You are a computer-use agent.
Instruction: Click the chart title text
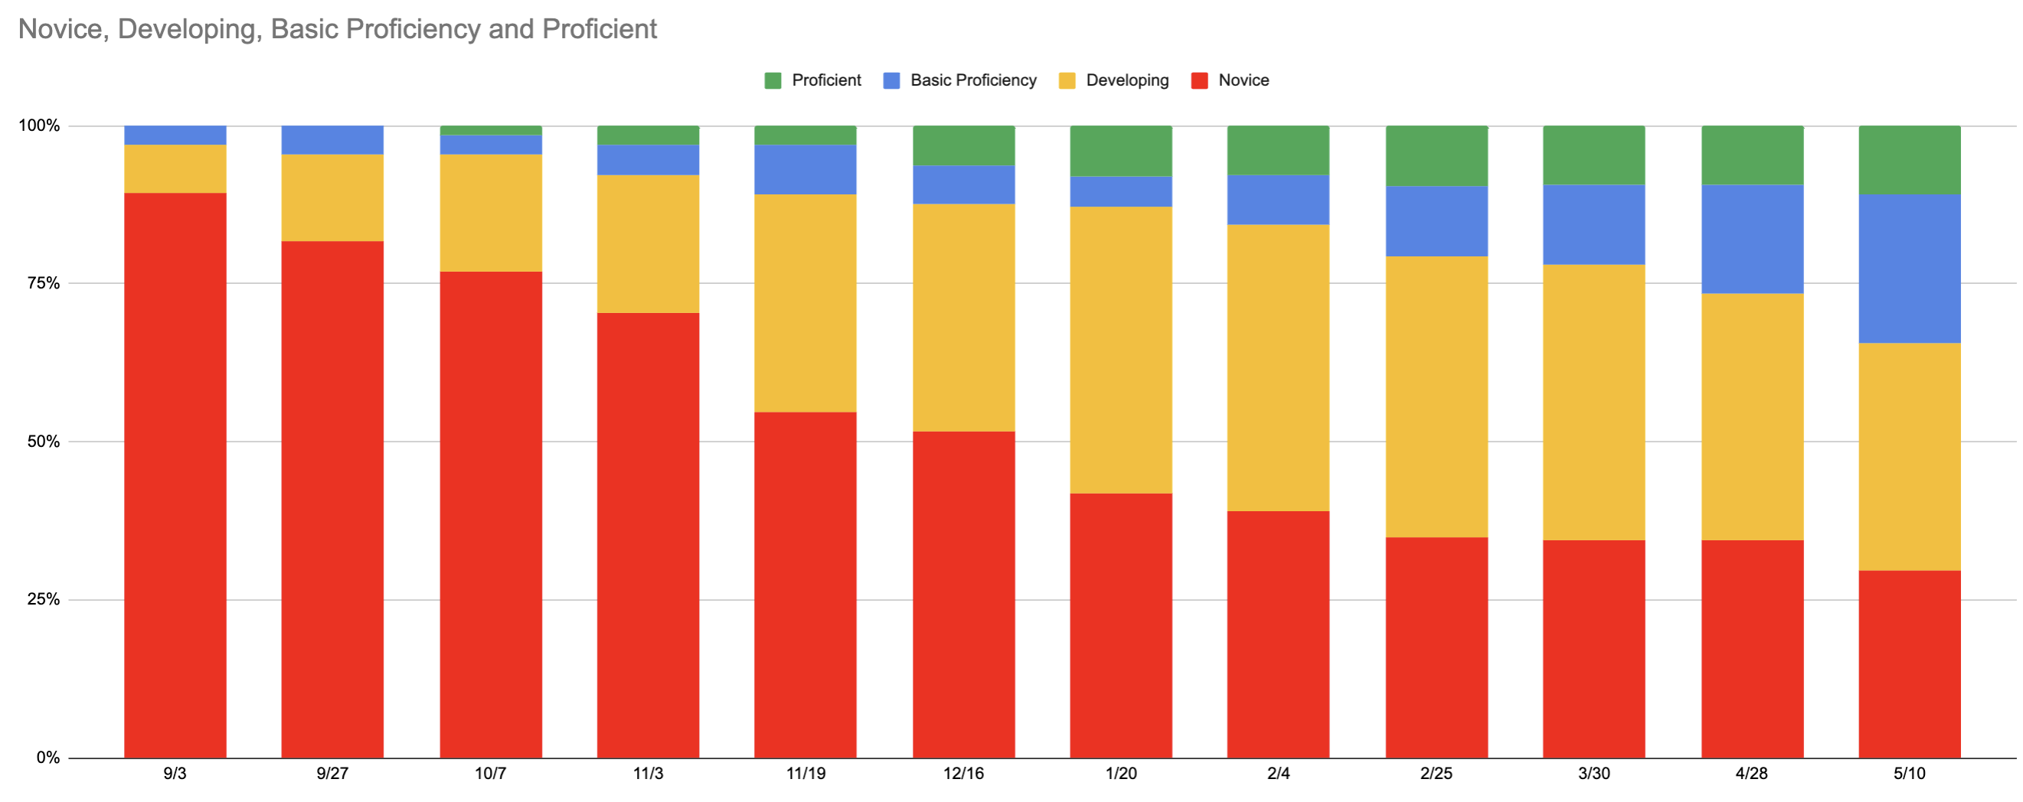click(x=337, y=29)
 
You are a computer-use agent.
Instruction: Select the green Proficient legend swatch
click(x=773, y=81)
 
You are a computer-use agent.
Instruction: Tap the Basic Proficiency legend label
click(x=973, y=81)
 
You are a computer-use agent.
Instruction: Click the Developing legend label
click(x=1127, y=81)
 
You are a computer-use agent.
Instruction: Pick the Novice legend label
click(x=1244, y=81)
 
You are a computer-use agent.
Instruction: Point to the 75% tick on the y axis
click(x=43, y=283)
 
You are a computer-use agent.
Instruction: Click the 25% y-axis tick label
click(x=43, y=599)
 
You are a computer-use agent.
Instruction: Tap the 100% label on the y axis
click(x=39, y=126)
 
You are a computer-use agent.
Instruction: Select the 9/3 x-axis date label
click(x=175, y=774)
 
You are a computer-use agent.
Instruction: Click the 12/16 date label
click(x=963, y=774)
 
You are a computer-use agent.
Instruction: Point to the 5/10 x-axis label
click(x=1909, y=774)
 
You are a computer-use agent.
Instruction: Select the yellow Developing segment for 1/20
click(x=1121, y=350)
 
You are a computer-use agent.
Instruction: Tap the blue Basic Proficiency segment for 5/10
click(x=1909, y=269)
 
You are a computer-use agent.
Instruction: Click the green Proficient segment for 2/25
click(x=1436, y=155)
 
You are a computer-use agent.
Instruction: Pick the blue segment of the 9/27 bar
click(x=332, y=140)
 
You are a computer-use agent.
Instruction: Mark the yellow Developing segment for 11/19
click(x=805, y=303)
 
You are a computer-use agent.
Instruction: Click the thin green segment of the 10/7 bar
click(x=491, y=130)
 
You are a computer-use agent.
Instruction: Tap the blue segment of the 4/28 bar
click(x=1752, y=239)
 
